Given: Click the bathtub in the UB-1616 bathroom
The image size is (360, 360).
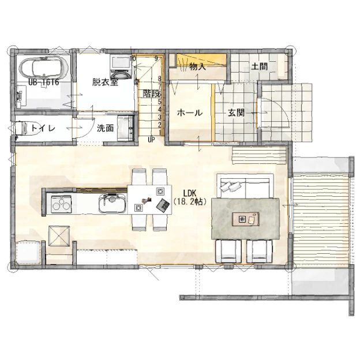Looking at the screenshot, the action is [x=44, y=66].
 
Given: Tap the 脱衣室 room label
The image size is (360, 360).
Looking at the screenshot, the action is [x=105, y=82].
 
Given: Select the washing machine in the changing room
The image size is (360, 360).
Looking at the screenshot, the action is [x=121, y=67].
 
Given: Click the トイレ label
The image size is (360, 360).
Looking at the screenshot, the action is [x=43, y=128].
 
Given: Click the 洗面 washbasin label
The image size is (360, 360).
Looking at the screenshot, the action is [x=105, y=128].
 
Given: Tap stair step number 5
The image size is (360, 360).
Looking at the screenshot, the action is [x=160, y=102].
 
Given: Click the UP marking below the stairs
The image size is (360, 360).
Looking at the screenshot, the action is [x=151, y=140].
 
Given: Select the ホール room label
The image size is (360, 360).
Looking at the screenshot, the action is [x=190, y=113].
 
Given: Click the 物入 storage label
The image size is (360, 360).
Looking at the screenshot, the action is [x=198, y=67].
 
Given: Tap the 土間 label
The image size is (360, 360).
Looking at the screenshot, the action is [x=260, y=67].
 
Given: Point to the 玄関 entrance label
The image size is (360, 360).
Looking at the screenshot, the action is [x=236, y=112].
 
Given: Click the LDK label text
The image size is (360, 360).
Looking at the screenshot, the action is [x=190, y=193].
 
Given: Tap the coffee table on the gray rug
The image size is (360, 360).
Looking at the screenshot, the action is [x=246, y=219].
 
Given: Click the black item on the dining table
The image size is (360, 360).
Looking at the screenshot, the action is [x=163, y=204].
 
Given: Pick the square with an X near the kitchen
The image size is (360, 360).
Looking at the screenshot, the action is [x=59, y=236].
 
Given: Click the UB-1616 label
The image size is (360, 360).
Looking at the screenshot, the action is [x=44, y=82].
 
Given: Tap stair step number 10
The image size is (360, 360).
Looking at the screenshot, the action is [x=133, y=58].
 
